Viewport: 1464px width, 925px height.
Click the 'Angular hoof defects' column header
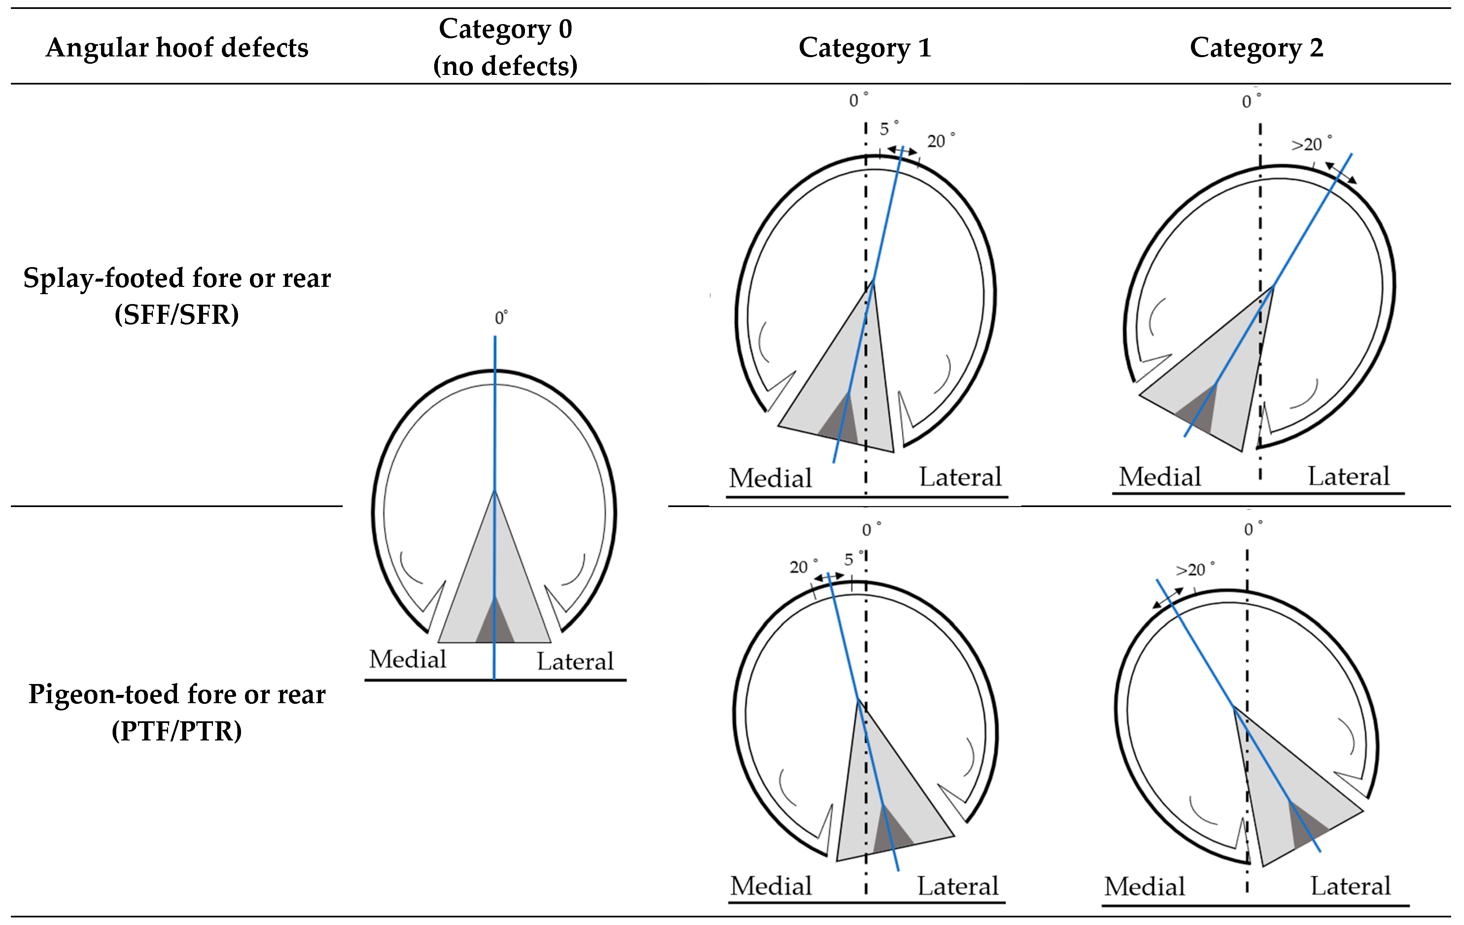pyautogui.click(x=177, y=48)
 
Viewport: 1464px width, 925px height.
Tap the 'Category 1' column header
pyautogui.click(x=864, y=48)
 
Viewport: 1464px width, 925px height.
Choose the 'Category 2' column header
pyautogui.click(x=1256, y=48)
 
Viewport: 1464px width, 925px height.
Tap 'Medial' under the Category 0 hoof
pyautogui.click(x=407, y=659)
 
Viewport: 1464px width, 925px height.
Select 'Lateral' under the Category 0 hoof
pyautogui.click(x=575, y=661)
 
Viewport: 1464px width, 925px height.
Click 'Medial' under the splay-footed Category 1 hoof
pyautogui.click(x=770, y=478)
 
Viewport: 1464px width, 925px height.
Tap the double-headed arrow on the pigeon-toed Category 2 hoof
pyautogui.click(x=1168, y=598)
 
